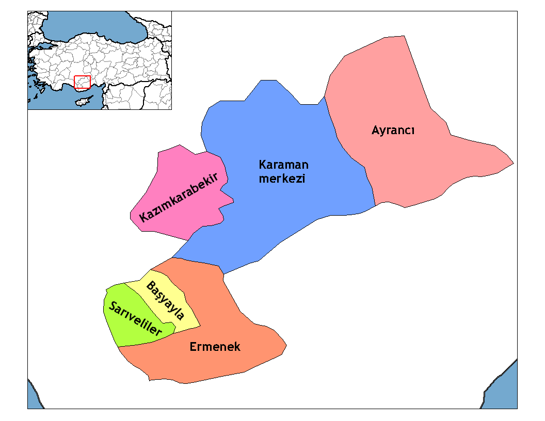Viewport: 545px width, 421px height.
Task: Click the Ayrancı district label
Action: tap(393, 131)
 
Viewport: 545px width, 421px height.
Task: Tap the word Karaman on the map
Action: tap(283, 165)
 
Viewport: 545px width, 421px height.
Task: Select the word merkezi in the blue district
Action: tap(282, 179)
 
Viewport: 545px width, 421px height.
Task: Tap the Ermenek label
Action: tap(215, 347)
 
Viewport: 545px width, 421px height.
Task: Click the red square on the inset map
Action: tap(82, 83)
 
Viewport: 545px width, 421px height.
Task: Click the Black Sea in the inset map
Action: tap(93, 26)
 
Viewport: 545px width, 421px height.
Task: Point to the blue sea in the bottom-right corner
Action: tap(503, 392)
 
